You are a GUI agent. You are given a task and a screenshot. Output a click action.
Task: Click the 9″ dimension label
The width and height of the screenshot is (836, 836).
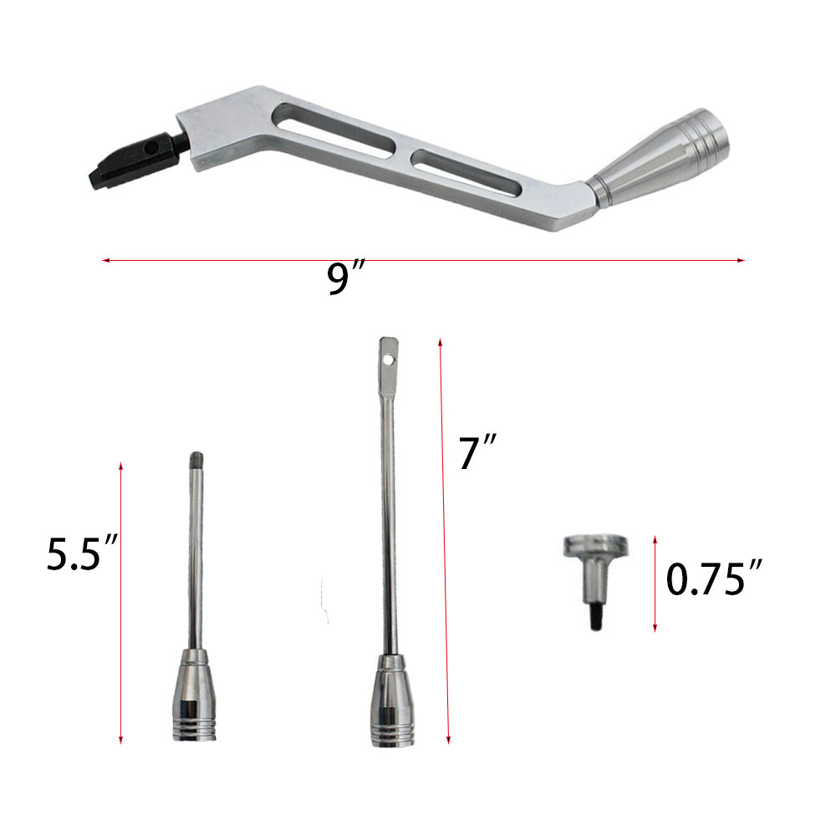[x=346, y=277]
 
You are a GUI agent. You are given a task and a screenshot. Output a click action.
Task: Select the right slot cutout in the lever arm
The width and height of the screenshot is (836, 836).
[x=466, y=173]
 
